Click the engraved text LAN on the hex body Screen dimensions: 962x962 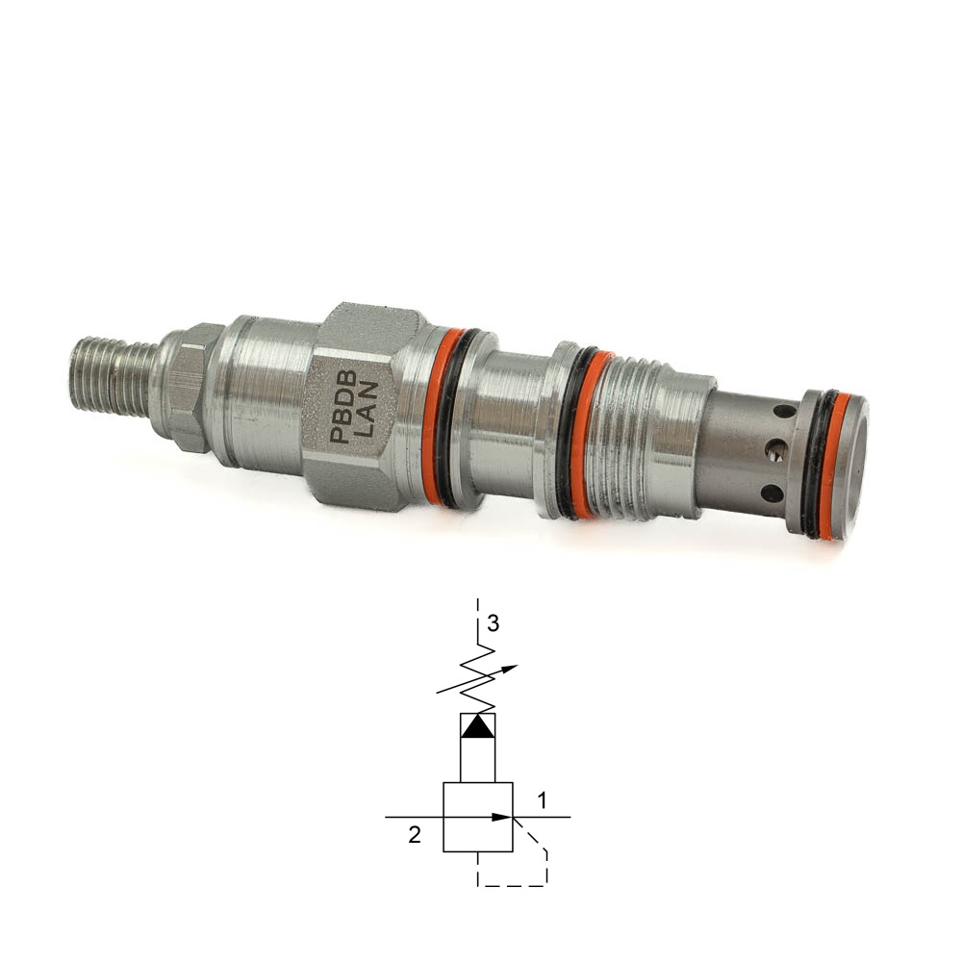tap(367, 409)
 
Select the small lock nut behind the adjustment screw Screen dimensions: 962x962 tap(189, 388)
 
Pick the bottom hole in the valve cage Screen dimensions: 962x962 tap(771, 492)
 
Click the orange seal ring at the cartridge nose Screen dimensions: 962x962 tap(837, 465)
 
